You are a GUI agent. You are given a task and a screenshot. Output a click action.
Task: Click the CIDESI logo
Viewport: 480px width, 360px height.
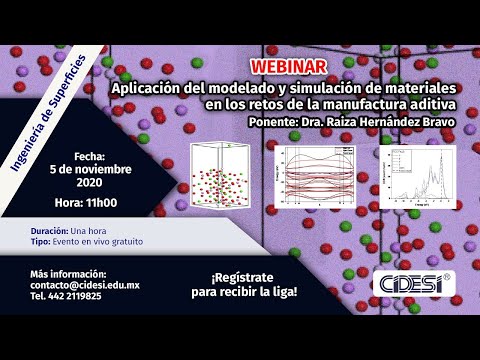pos(414,281)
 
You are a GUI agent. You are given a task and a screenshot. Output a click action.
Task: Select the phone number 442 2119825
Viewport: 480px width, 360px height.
pos(76,297)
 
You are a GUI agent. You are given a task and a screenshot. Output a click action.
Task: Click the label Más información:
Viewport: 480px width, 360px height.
pos(68,273)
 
